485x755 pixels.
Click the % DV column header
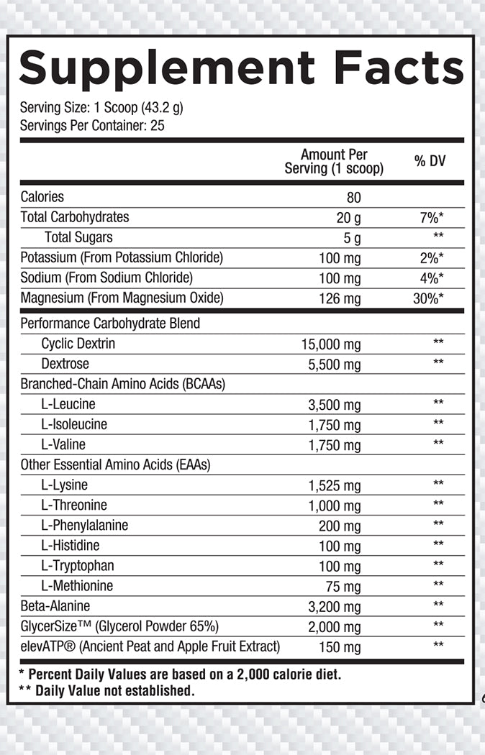[430, 161]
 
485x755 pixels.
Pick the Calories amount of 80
[353, 197]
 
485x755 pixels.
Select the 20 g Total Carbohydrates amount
[348, 218]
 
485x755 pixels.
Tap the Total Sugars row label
[78, 237]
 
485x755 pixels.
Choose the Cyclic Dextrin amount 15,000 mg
[331, 344]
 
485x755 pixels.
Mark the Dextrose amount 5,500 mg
[335, 365]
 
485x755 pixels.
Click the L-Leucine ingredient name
[68, 404]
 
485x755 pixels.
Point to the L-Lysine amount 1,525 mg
[335, 485]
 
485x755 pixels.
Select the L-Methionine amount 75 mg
[343, 586]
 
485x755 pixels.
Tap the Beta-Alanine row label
[55, 605]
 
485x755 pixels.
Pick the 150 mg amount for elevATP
[340, 647]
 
